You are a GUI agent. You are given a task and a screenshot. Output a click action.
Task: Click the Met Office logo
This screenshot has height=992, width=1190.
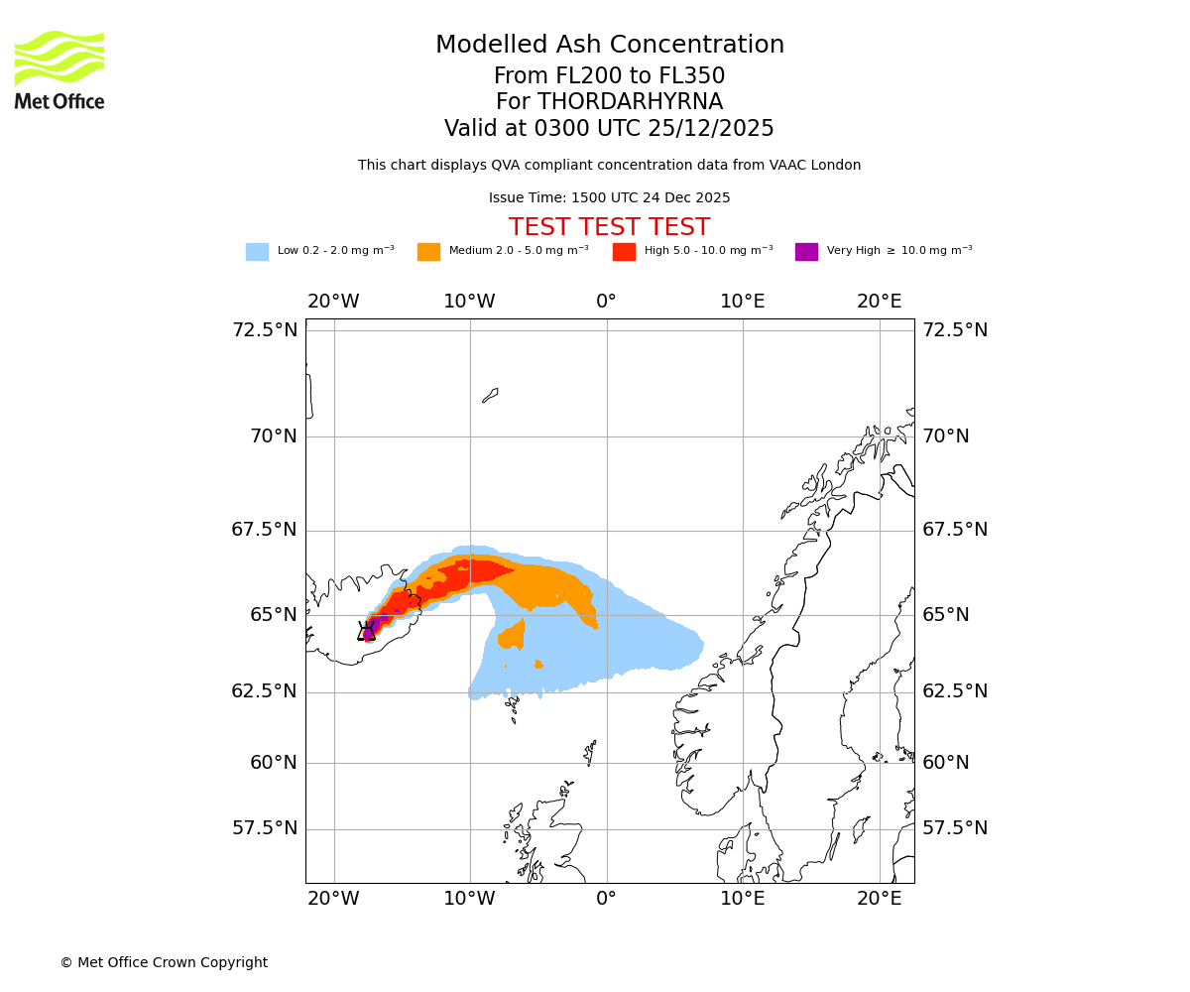click(x=59, y=69)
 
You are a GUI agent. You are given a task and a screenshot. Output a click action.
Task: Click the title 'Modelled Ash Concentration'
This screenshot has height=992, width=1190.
click(x=610, y=46)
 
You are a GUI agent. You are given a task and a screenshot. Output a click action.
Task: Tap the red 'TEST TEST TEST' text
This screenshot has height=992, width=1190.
click(x=609, y=227)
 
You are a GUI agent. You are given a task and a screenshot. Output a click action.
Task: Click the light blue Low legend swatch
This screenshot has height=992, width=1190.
click(x=257, y=252)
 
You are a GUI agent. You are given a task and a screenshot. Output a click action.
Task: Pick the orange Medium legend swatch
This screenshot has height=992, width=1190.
click(x=428, y=252)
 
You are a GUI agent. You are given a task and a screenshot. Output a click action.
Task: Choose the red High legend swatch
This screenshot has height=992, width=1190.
click(x=624, y=252)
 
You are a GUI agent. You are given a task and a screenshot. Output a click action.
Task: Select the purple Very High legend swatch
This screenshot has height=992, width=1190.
click(x=806, y=252)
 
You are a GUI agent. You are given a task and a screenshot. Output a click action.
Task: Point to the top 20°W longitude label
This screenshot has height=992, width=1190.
click(x=333, y=302)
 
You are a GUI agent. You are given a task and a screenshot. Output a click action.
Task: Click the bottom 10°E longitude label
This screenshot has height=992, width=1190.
click(x=743, y=899)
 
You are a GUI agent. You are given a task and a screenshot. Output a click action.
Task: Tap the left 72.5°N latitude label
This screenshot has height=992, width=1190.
click(x=265, y=330)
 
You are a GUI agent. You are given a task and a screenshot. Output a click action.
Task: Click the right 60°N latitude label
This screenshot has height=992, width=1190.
click(x=946, y=763)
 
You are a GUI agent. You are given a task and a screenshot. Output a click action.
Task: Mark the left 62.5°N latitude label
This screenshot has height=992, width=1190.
click(x=265, y=691)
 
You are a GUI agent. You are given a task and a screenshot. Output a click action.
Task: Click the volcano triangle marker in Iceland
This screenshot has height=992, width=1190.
click(x=367, y=632)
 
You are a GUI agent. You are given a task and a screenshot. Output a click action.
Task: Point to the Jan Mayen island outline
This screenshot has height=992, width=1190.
click(x=490, y=395)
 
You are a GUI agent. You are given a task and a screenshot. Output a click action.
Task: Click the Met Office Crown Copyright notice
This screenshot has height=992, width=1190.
click(x=164, y=962)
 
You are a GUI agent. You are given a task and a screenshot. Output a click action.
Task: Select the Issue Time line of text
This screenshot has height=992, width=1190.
click(x=609, y=198)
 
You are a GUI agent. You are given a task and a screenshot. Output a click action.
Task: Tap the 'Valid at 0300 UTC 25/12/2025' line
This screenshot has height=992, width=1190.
click(x=609, y=129)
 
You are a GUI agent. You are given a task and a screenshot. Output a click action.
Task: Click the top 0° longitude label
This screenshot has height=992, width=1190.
click(x=606, y=302)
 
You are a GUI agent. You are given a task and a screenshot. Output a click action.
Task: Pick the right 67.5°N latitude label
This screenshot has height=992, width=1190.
click(x=956, y=530)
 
